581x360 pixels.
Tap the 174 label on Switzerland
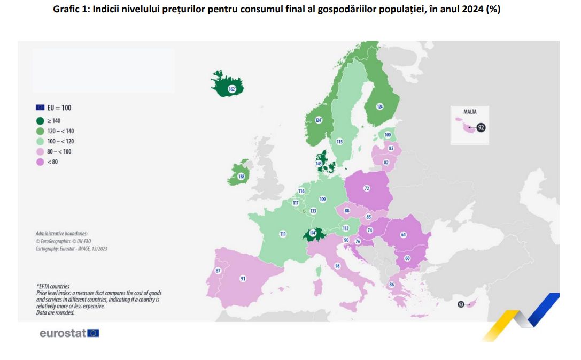(313, 233)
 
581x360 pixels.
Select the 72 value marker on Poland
(367, 188)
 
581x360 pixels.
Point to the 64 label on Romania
(404, 234)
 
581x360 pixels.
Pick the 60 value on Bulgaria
(407, 258)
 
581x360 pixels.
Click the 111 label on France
(283, 234)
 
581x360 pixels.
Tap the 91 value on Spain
(243, 279)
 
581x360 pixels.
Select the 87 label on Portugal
(218, 271)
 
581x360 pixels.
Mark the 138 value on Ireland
(241, 176)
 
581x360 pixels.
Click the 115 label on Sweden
(339, 142)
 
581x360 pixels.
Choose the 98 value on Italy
(338, 266)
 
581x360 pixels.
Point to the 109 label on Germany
(322, 200)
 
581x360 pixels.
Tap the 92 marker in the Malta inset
(481, 127)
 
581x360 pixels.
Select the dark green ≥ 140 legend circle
(40, 121)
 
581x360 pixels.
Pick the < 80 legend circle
(40, 162)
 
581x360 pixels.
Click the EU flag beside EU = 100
(40, 108)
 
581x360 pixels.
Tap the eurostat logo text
(62, 333)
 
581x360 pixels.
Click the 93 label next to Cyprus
(460, 304)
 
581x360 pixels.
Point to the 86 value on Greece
(391, 285)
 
